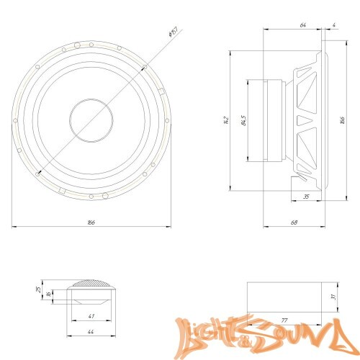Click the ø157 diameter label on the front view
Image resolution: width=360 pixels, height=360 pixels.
coord(173,32)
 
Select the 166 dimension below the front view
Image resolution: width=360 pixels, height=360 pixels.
coord(91,222)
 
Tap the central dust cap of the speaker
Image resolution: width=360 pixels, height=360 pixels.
coord(91,119)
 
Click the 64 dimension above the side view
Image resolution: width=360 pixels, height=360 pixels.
coord(302,25)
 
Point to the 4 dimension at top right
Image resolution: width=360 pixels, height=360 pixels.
coord(335,25)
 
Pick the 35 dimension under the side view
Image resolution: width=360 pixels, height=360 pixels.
coord(306,196)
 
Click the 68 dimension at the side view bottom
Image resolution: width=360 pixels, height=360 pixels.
coord(295,222)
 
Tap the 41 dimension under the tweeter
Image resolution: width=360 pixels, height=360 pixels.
coord(91,316)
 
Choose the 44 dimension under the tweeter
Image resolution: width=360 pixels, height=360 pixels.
coord(91,332)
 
